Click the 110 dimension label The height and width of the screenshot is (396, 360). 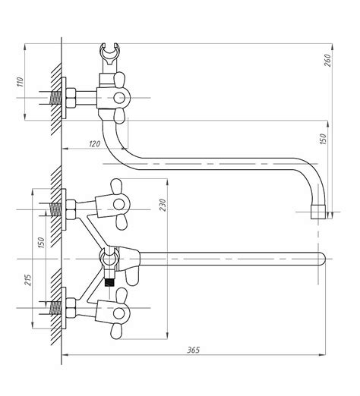(20, 82)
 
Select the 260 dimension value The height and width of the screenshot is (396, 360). (327, 60)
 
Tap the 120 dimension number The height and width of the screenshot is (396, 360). (95, 144)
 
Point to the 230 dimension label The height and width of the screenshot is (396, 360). (163, 205)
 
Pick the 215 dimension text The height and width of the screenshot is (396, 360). (28, 280)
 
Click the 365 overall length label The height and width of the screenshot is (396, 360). (194, 350)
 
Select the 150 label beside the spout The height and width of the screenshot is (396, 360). (324, 140)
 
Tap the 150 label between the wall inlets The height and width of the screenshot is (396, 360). (41, 243)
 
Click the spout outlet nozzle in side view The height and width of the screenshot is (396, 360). (318, 212)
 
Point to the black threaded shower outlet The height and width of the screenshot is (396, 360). (109, 281)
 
